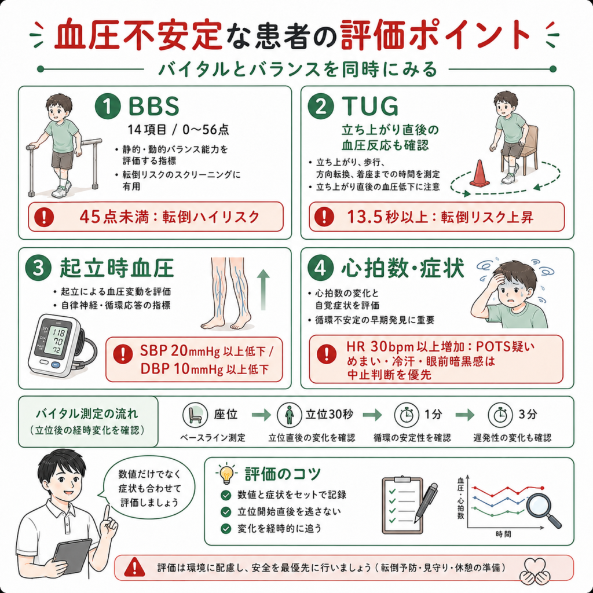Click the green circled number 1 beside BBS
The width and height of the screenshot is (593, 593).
(108, 107)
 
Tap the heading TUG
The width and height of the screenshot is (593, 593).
(370, 107)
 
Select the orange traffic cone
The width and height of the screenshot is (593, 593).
(479, 173)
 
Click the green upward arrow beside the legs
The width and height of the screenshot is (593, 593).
(263, 290)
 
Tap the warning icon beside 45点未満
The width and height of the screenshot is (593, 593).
(44, 217)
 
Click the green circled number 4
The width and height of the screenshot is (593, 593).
(321, 268)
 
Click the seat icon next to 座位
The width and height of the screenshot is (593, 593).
(195, 415)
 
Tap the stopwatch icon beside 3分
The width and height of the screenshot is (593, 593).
(500, 415)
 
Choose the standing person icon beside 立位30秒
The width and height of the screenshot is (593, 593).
(290, 415)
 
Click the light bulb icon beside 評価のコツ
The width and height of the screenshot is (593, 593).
(226, 474)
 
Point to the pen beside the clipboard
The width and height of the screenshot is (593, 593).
(426, 503)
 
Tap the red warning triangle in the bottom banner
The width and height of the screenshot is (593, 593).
(134, 567)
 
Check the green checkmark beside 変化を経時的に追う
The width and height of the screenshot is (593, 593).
(226, 528)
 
